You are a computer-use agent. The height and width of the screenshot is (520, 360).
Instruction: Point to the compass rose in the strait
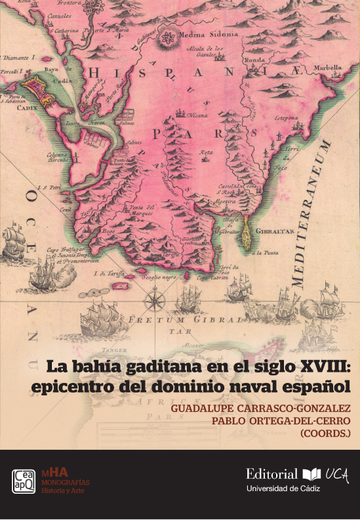tap(156, 300)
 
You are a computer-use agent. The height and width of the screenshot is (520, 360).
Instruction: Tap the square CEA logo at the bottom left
tap(24, 481)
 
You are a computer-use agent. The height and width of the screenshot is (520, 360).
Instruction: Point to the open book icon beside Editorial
tap(310, 474)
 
